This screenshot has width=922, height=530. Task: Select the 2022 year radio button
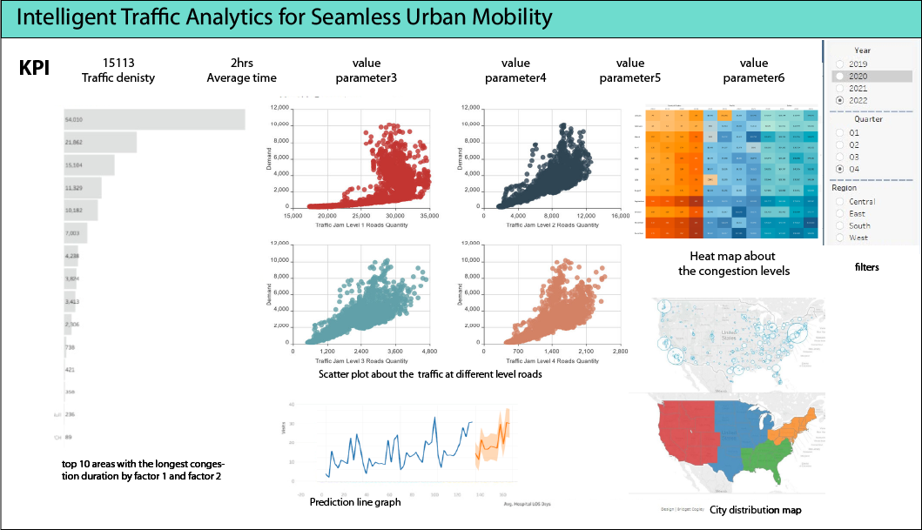click(x=839, y=100)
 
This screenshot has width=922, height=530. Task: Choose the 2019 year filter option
click(x=839, y=64)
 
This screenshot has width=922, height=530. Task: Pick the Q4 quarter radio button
click(x=839, y=168)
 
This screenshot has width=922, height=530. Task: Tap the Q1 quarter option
click(x=839, y=131)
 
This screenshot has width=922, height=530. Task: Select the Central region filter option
click(x=839, y=202)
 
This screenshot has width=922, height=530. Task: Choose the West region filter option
click(x=839, y=238)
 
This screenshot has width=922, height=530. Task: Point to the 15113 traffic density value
click(x=118, y=63)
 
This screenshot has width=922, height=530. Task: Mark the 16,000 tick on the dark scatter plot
click(x=619, y=215)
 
